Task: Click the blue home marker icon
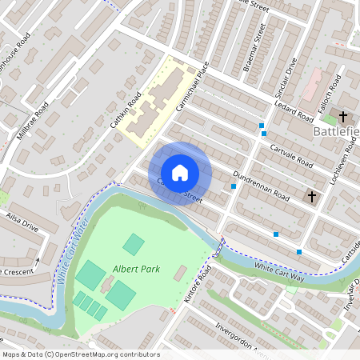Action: [x=180, y=173]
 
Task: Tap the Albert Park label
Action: [x=136, y=269]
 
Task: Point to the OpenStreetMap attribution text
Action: [x=81, y=354]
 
